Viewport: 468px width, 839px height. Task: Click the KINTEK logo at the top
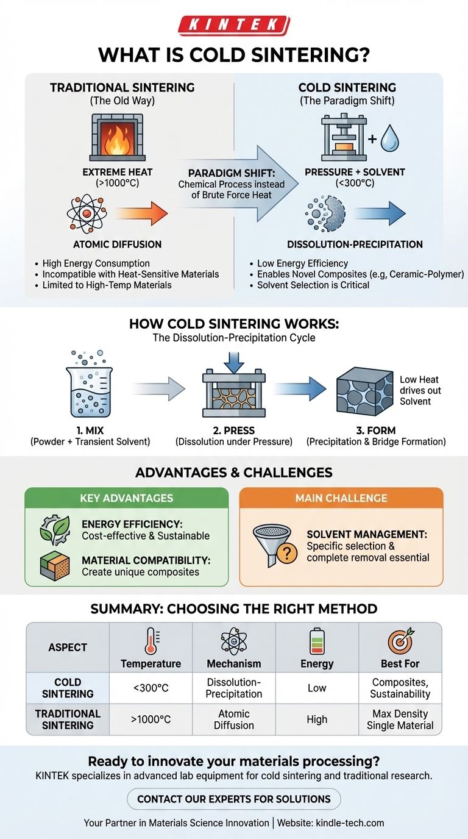[233, 25]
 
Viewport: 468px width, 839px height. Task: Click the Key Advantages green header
[126, 498]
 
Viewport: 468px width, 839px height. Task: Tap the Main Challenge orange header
[341, 498]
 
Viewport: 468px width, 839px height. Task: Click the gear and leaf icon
[55, 530]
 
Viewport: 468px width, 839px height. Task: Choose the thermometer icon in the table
[151, 642]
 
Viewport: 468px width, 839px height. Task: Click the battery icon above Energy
[317, 642]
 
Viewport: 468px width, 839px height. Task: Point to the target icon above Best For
[400, 641]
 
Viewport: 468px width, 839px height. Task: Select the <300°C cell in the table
[151, 688]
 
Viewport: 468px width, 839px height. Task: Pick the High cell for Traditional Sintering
[317, 719]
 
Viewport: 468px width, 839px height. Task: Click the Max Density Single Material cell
[400, 719]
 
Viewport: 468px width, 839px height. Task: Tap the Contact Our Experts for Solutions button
[233, 799]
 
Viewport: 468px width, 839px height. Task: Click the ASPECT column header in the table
[68, 648]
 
